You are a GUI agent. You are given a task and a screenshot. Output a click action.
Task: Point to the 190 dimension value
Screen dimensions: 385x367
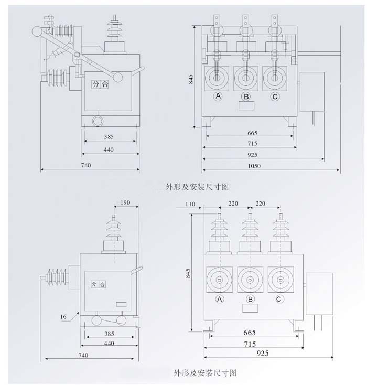125,202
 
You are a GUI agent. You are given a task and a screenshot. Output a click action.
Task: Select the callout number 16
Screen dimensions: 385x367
63,316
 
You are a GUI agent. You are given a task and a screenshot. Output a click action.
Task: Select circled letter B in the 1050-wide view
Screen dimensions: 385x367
245,97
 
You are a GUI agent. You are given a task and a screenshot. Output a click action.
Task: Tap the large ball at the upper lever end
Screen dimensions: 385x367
37,31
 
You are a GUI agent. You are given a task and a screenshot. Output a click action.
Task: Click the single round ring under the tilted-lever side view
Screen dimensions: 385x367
98,121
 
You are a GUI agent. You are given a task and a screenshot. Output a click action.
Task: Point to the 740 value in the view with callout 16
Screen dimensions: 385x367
83,355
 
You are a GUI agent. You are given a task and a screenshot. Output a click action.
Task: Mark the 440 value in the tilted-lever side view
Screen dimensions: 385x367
109,149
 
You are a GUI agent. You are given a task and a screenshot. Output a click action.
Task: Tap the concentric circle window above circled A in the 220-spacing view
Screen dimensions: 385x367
219,279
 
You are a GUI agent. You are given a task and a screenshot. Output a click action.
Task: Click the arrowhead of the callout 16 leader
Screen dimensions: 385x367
78,312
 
